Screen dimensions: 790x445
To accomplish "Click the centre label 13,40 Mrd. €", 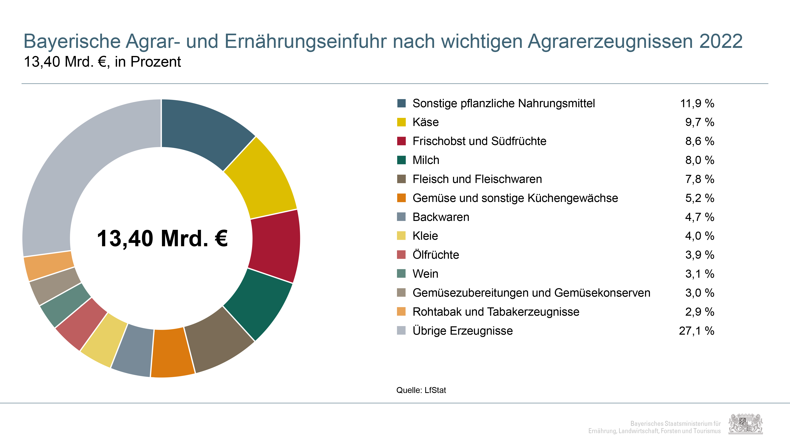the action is point(162,238).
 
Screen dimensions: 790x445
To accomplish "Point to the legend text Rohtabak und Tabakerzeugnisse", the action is point(496,312).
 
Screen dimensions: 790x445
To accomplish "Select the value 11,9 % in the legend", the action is point(697,103).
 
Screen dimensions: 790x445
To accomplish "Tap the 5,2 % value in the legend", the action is point(700,198).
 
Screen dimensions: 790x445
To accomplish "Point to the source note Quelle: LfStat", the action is point(421,390).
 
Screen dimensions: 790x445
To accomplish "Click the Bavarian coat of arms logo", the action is point(746,424).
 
